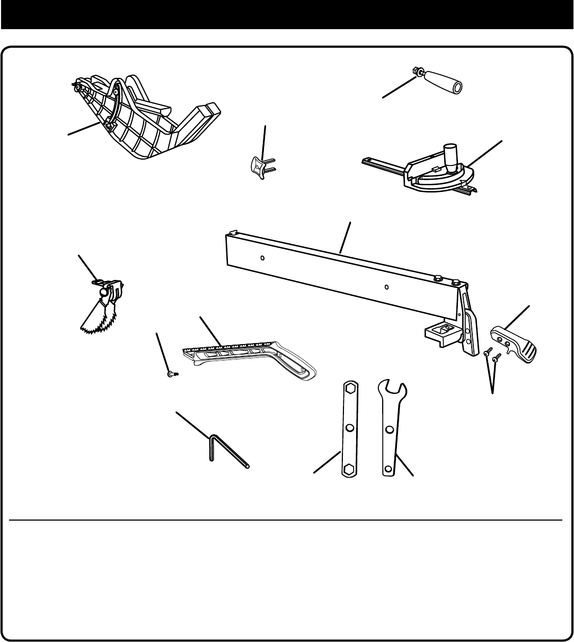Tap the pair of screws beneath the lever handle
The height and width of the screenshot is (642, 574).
pos(492,355)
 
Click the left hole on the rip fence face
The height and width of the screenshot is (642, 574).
pos(263,258)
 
